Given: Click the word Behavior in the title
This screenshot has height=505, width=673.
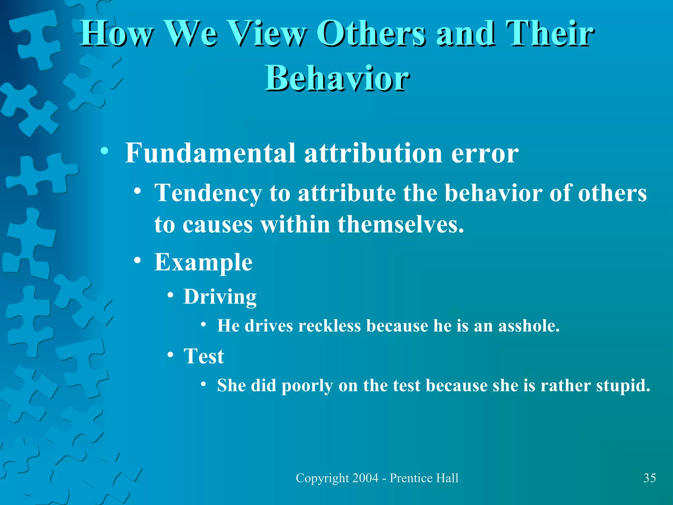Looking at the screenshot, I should (337, 78).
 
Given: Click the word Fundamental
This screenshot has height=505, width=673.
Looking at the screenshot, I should (210, 153).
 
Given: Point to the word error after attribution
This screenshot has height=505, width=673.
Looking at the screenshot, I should (485, 154).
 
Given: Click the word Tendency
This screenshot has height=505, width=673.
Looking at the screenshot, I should (208, 193).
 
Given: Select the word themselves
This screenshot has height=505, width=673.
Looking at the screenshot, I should (401, 225).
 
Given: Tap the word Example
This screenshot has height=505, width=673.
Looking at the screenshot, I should (203, 262).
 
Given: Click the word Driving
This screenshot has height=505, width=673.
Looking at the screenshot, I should (220, 297).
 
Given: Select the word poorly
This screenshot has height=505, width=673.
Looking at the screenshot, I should (307, 386).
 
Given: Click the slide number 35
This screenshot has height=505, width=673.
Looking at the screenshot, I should (649, 478).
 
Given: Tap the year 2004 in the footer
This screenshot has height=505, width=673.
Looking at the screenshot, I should (365, 478).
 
